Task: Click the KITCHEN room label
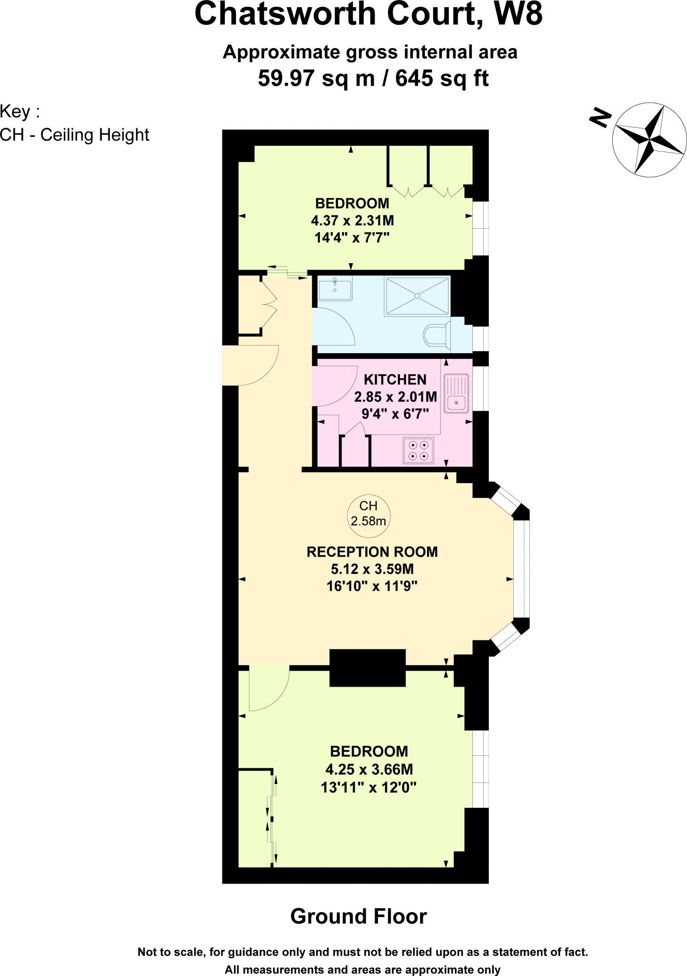coord(395,380)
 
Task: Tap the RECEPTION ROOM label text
coord(372,552)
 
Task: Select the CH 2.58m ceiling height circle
coord(368,514)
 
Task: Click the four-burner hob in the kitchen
coord(418,450)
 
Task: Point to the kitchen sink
coord(457,394)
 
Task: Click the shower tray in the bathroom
coord(417,296)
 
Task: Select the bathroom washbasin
coord(335,289)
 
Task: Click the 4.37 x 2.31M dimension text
coord(352,221)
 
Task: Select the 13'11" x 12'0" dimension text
coord(368,788)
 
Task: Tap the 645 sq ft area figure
coord(442,78)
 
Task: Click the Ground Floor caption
coord(358,916)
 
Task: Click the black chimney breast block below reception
coord(367,668)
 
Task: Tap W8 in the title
coord(518,14)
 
